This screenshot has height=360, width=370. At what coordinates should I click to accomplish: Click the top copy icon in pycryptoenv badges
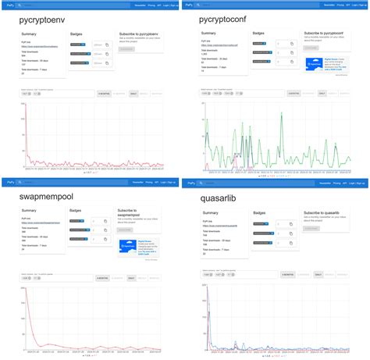tap(106, 45)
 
